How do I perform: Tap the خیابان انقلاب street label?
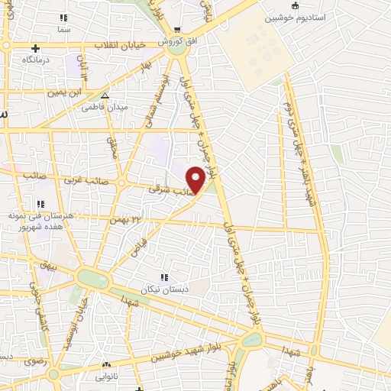click(x=118, y=46)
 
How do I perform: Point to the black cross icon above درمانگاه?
click(x=35, y=48)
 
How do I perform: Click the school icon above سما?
click(x=63, y=17)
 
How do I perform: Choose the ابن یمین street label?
click(x=64, y=92)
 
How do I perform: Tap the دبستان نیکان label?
click(x=163, y=289)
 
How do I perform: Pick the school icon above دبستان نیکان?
click(x=163, y=278)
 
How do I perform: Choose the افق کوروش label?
click(x=173, y=41)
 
